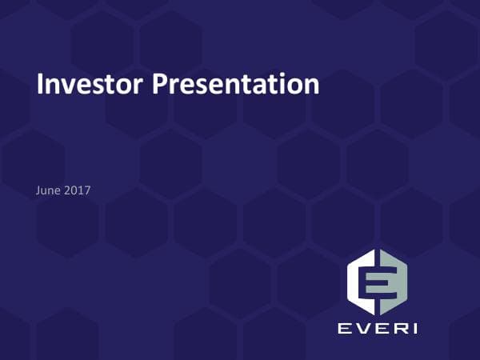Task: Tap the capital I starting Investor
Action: [x=41, y=83]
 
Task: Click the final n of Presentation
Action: [x=312, y=86]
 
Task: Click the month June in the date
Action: [x=50, y=190]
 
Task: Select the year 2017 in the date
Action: [x=78, y=190]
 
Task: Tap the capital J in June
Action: [x=39, y=190]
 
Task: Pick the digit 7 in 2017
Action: [x=87, y=190]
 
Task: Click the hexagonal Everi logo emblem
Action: [x=377, y=282]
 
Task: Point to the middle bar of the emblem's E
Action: [x=377, y=282]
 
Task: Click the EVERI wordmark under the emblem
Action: [x=377, y=329]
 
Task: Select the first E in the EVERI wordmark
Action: [x=342, y=329]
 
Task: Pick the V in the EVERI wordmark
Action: [x=361, y=329]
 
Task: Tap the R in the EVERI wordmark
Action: [x=396, y=329]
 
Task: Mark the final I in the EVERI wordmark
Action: [x=412, y=329]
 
